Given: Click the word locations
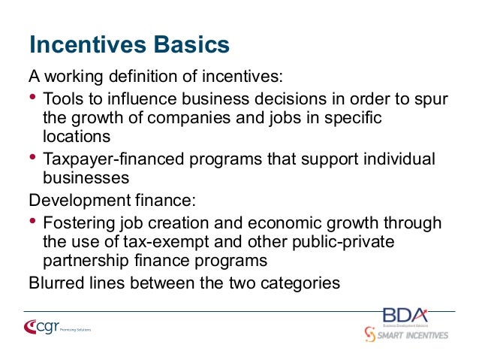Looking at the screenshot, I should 77,138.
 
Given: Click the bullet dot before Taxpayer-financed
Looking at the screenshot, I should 33,158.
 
